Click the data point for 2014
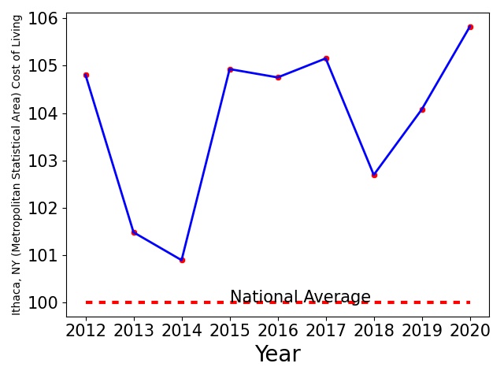tap(182, 260)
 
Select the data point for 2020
tap(470, 27)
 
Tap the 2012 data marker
tap(86, 76)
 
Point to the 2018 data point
tap(374, 175)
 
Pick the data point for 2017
tap(326, 58)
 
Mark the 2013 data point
tap(134, 232)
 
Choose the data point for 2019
tap(422, 110)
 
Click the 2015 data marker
tap(230, 69)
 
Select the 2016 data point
tap(278, 77)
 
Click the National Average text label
tap(300, 296)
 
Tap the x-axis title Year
tap(278, 354)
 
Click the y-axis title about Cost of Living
tap(16, 165)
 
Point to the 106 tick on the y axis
tap(43, 19)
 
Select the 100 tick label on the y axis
tap(43, 302)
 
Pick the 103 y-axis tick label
tap(43, 161)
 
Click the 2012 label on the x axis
tap(86, 330)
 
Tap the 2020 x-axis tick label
tap(470, 330)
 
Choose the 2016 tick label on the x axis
tap(278, 330)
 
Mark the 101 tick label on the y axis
tap(43, 255)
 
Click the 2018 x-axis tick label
tap(374, 330)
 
